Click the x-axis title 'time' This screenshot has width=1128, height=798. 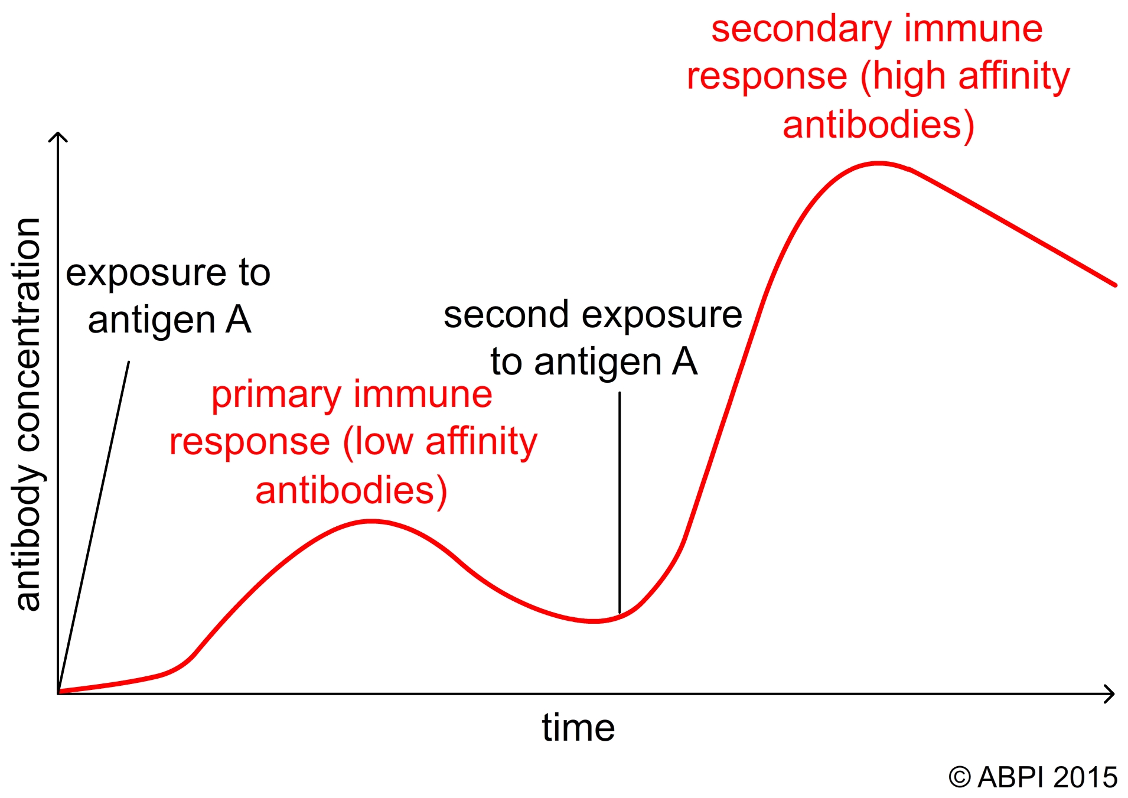point(578,727)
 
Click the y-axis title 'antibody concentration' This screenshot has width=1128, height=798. point(27,414)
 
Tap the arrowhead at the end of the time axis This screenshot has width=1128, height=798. point(1109,693)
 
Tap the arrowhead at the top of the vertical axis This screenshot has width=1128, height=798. point(58,136)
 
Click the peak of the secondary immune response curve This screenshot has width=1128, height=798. point(878,164)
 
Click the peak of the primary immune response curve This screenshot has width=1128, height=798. point(371,522)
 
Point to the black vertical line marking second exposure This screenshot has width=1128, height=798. point(620,503)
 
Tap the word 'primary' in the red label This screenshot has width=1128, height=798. point(276,395)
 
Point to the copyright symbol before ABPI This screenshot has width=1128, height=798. point(960,777)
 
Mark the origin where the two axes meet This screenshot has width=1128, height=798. point(58,693)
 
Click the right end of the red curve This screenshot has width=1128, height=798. point(1115,285)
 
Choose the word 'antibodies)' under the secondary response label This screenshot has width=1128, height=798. point(878,125)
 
